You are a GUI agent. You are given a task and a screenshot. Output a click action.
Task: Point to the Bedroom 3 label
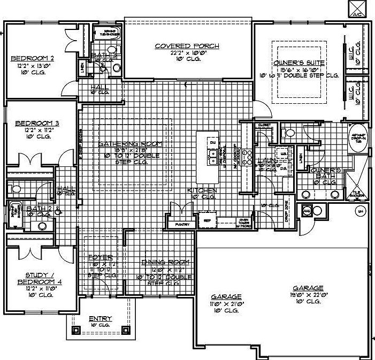click(36, 122)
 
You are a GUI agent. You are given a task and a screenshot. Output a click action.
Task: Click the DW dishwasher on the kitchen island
click(212, 143)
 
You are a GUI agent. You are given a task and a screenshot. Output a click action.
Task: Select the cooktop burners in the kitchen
click(247, 157)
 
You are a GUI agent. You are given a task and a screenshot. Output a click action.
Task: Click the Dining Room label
click(159, 262)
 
